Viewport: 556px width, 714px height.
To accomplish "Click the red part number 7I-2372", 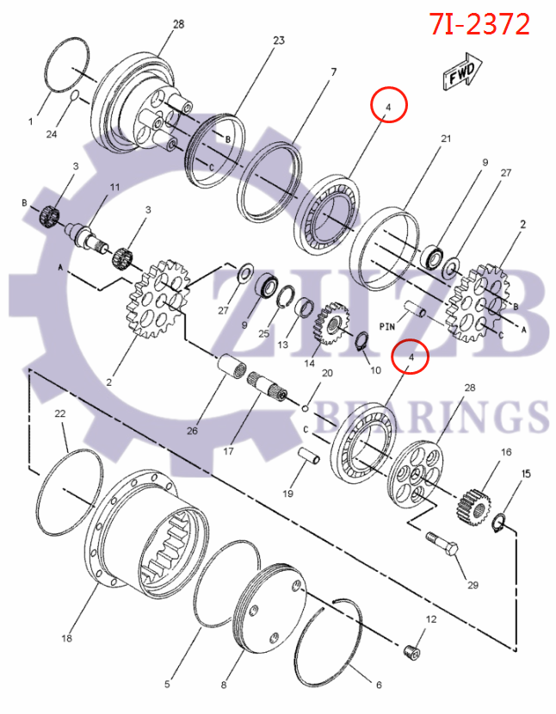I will coord(479,24).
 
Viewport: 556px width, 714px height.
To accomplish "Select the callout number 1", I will coord(31,121).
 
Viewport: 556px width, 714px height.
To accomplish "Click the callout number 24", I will coord(52,133).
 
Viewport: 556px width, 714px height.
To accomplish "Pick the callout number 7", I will coord(332,71).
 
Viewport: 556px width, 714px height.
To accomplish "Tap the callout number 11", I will coord(114,187).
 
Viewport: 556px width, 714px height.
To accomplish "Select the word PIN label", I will coord(387,327).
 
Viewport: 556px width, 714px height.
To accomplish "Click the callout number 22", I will coord(60,414).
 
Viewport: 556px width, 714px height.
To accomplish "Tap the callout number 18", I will coord(67,638).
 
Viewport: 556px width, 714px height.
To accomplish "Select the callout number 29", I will coord(473,586).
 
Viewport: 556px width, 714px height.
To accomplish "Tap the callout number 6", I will coord(376,686).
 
